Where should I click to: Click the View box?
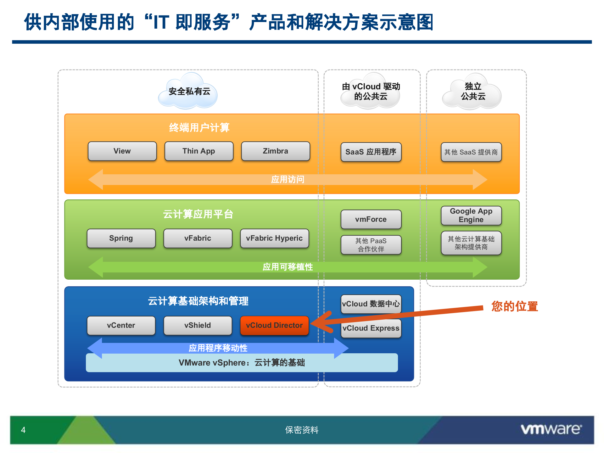coord(122,151)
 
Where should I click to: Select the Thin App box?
coord(199,151)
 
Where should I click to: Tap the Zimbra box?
coord(275,151)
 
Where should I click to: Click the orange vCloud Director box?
coord(274,325)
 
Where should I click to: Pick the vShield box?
coord(198,325)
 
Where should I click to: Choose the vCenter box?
coord(121,325)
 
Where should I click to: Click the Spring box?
coord(121,238)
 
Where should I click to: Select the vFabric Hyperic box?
coord(274,238)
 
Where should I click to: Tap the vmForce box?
coord(371,219)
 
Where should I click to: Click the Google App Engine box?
coord(471,215)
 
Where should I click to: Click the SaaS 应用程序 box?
coord(371,152)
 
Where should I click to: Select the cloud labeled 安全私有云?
coord(189,92)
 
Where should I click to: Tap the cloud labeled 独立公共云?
coord(473,92)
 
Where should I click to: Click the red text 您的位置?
coord(515,306)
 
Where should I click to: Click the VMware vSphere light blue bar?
coord(242,363)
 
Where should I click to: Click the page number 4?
coord(23,430)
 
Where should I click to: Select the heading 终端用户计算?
coord(199,128)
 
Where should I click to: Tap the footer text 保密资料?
coord(302,430)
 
